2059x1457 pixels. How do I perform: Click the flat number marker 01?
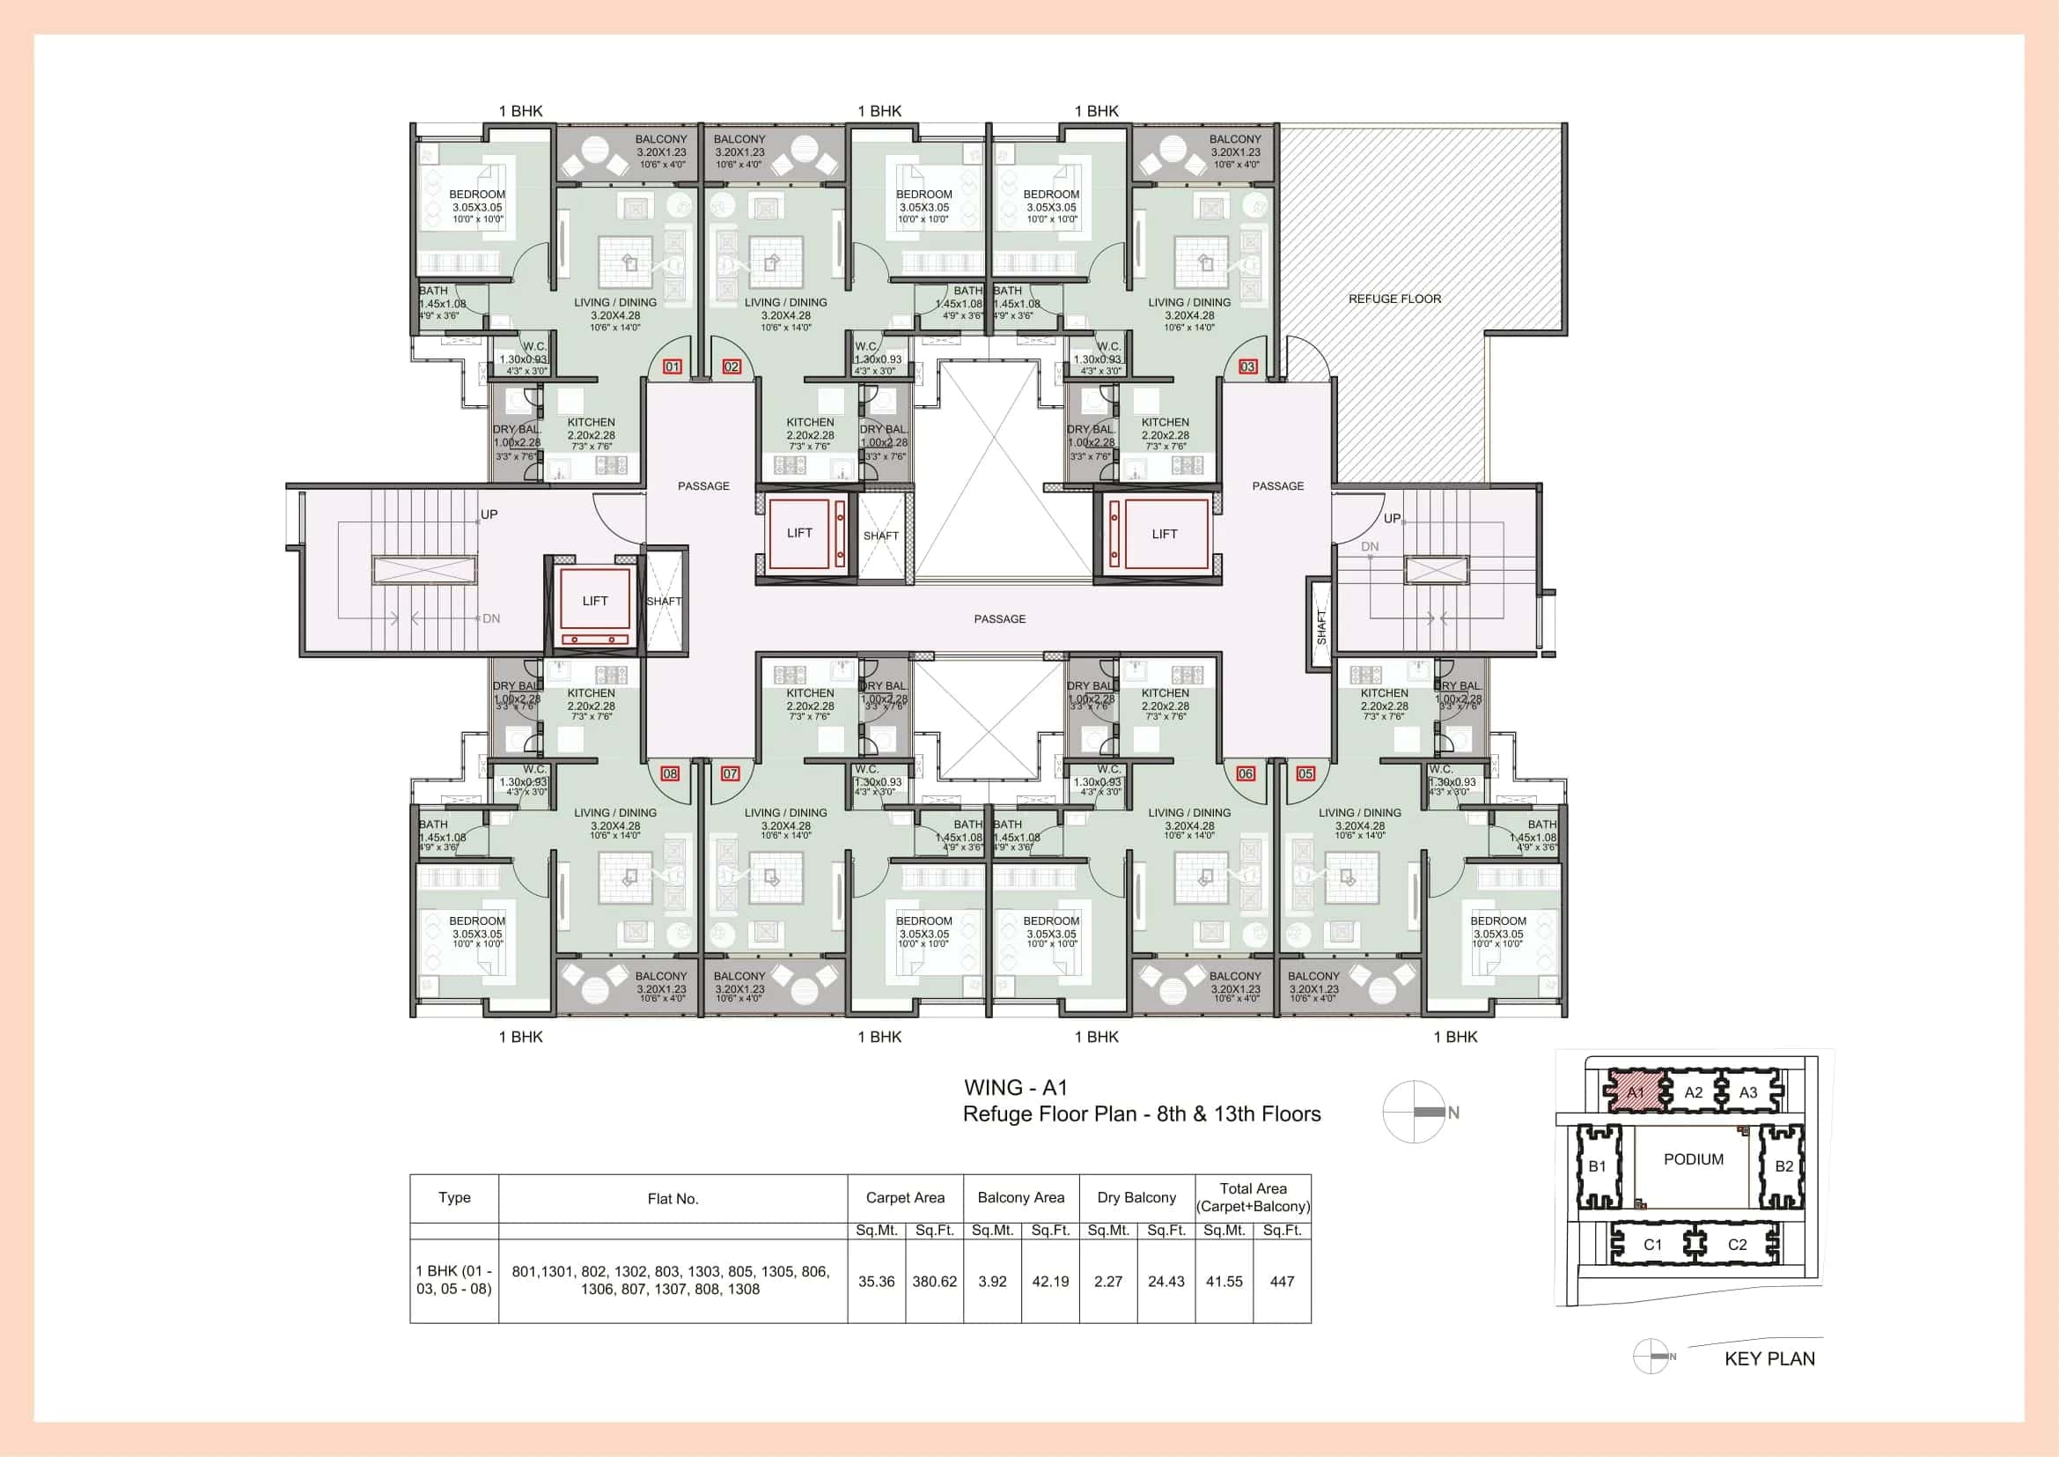(672, 366)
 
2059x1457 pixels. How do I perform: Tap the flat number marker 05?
(1305, 773)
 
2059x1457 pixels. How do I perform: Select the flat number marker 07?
(730, 773)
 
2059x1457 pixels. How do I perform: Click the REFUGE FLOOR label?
(1394, 299)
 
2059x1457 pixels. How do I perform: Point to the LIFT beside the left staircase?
(594, 601)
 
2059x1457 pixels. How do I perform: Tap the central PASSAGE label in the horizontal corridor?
(999, 619)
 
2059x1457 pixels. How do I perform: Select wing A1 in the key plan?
(1635, 1091)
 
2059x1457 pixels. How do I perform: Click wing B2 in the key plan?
(1783, 1166)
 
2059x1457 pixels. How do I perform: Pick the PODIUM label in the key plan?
(1693, 1159)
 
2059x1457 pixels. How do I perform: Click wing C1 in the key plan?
(1651, 1245)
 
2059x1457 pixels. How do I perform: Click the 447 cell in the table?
(1282, 1281)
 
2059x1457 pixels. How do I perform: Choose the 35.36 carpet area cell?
(876, 1281)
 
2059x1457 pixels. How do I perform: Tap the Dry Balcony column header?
(1136, 1198)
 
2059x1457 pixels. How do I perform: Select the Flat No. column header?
(673, 1199)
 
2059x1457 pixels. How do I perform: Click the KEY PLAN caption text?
(1769, 1358)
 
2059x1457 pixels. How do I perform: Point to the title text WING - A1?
(1015, 1087)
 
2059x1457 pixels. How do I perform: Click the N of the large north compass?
(1452, 1113)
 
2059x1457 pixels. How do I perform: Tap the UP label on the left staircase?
(489, 514)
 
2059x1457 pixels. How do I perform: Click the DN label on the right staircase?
(1370, 546)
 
